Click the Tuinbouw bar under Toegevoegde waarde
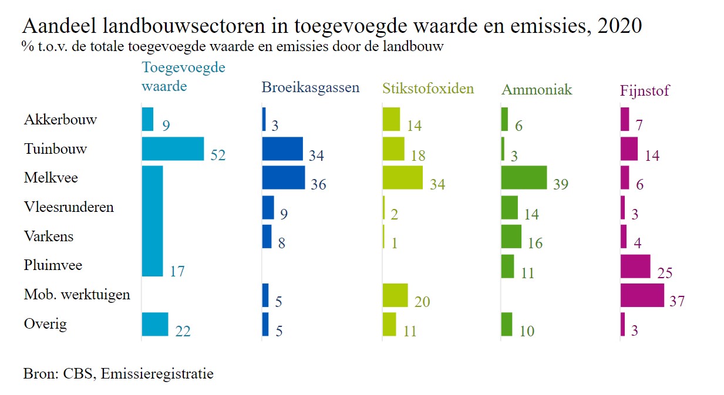pyautogui.click(x=173, y=148)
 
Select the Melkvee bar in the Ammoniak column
pyautogui.click(x=524, y=177)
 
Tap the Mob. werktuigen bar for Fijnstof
pyautogui.click(x=642, y=295)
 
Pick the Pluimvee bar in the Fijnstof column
pyautogui.click(x=635, y=266)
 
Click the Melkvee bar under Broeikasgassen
pyautogui.click(x=283, y=177)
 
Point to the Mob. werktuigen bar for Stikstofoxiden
pyautogui.click(x=395, y=295)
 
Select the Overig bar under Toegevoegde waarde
pyautogui.click(x=155, y=324)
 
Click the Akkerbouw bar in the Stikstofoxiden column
pyautogui.click(x=391, y=119)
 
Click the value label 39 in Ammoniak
pyautogui.click(x=561, y=184)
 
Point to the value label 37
pyautogui.click(x=677, y=302)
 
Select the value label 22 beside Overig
pyautogui.click(x=183, y=331)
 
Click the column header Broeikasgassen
pyautogui.click(x=310, y=89)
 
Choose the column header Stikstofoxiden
pyautogui.click(x=428, y=89)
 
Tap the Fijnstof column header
pyautogui.click(x=644, y=90)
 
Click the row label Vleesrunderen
pyautogui.click(x=69, y=207)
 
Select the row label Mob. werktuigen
pyautogui.click(x=77, y=294)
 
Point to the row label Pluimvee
pyautogui.click(x=53, y=265)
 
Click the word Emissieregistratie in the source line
pyautogui.click(x=157, y=373)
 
